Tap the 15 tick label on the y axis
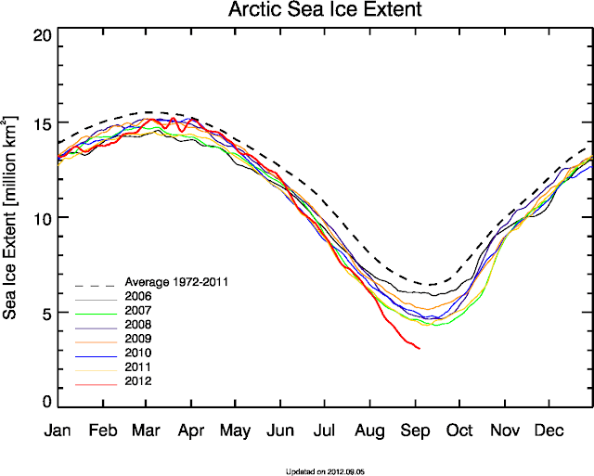pyautogui.click(x=41, y=124)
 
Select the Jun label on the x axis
pyautogui.click(x=280, y=431)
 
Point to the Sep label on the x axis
pyautogui.click(x=415, y=431)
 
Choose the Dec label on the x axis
pyautogui.click(x=549, y=431)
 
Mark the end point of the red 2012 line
pyautogui.click(x=420, y=349)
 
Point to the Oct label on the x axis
pyautogui.click(x=459, y=431)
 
